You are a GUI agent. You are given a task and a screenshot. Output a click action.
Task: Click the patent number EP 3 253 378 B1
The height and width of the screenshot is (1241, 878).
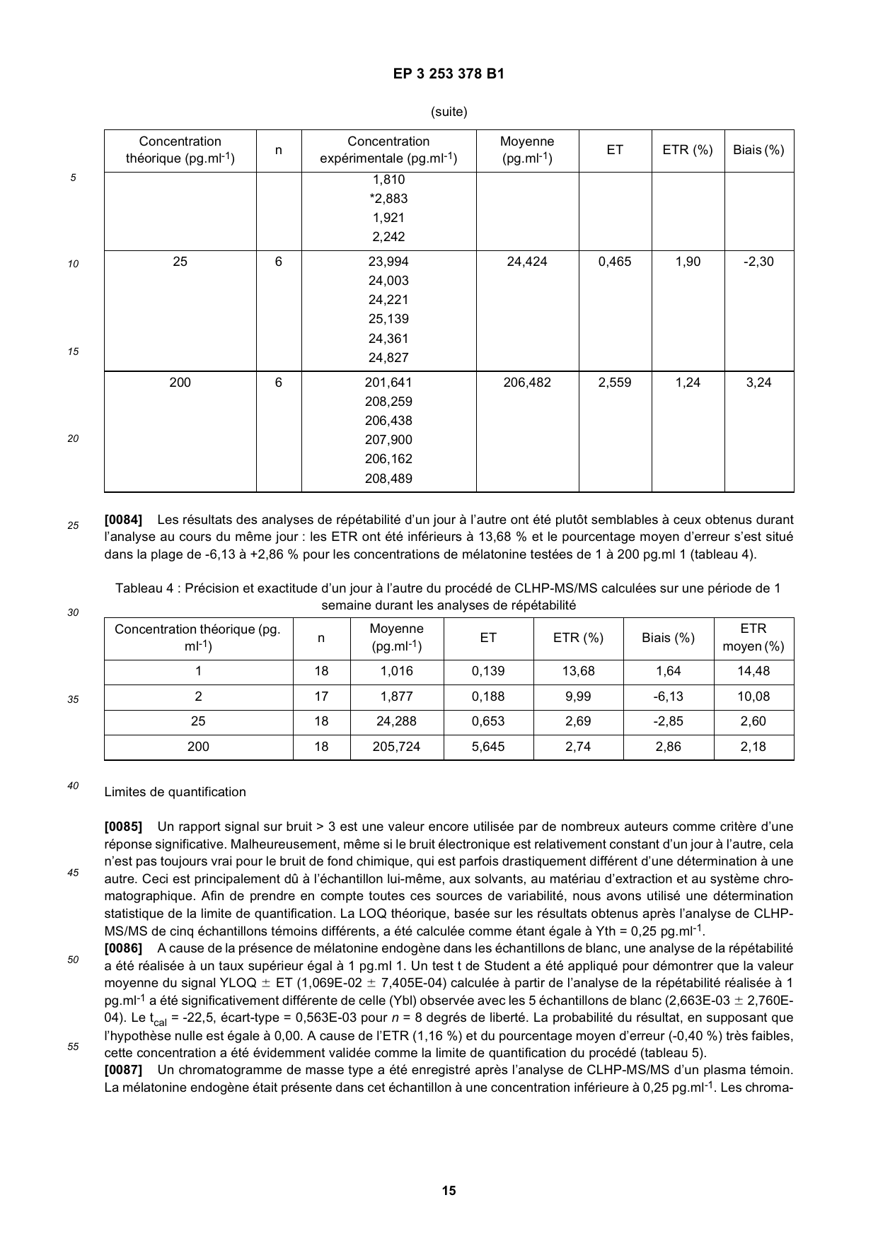point(449,74)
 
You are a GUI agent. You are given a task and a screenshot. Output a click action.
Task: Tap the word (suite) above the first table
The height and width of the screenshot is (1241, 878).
point(449,112)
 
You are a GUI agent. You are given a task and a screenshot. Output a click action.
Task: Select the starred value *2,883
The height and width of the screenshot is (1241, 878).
point(388,199)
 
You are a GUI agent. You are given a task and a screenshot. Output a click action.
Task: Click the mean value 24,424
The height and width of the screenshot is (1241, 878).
point(527,262)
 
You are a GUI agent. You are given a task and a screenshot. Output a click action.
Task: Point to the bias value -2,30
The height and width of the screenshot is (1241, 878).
point(758,262)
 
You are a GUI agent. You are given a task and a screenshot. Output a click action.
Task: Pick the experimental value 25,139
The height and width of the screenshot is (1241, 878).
point(388,319)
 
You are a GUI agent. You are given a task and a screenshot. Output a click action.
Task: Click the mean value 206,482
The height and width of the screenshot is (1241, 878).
point(527,383)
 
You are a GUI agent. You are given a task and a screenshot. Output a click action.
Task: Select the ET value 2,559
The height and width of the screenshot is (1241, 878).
point(615,383)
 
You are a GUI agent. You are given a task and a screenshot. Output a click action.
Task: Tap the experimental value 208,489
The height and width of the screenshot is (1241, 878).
point(388,479)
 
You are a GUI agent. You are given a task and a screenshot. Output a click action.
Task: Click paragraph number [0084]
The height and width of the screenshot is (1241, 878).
point(123,520)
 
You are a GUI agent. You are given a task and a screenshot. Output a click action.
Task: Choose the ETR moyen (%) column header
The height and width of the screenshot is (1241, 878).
point(753,638)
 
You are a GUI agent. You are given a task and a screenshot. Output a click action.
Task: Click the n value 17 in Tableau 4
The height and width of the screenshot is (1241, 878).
point(321,697)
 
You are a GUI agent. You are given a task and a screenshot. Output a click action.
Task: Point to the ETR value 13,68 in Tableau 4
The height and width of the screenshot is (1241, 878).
point(578,671)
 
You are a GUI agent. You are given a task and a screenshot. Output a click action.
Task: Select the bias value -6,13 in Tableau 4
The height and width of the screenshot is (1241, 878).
point(668,697)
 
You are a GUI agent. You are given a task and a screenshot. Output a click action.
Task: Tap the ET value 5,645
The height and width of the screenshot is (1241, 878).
point(488,747)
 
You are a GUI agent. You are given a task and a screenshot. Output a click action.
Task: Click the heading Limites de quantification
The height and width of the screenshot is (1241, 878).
point(175,792)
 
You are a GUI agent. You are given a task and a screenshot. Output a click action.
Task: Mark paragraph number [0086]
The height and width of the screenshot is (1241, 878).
point(123,948)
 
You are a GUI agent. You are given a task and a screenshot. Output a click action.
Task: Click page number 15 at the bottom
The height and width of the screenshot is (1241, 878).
point(449,1191)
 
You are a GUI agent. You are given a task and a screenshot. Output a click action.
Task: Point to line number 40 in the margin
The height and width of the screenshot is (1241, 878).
point(73,785)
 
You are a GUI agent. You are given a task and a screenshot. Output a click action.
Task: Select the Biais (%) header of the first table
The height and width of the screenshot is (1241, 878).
point(758,150)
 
